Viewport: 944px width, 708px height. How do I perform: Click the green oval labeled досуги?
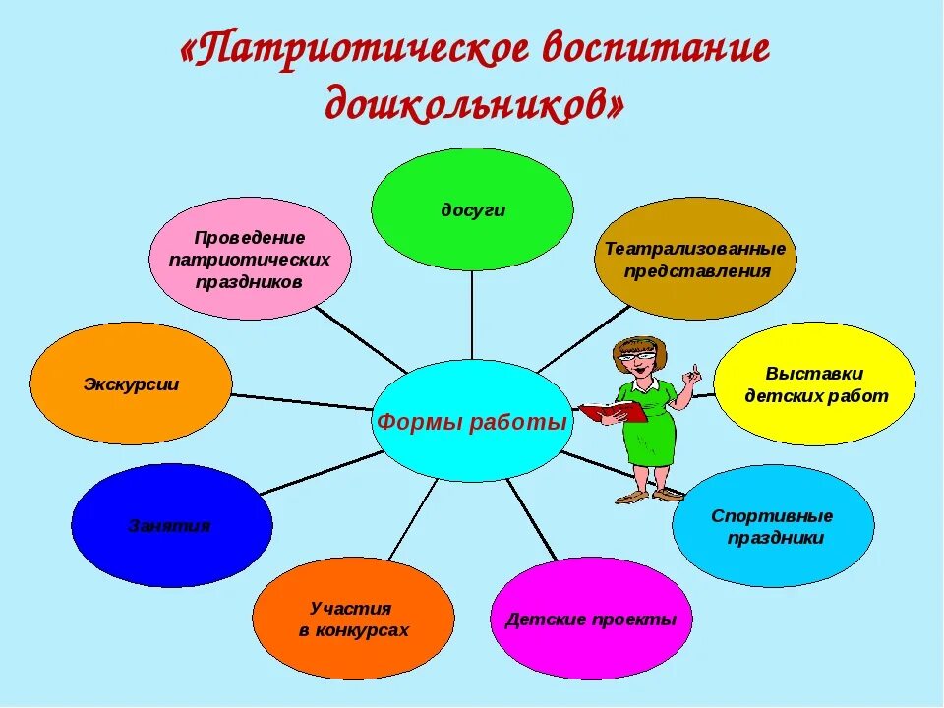[x=472, y=208]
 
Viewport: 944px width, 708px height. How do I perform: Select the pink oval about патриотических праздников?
[x=250, y=259]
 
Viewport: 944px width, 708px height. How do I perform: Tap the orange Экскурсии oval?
[x=131, y=383]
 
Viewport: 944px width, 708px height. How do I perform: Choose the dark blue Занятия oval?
[x=171, y=525]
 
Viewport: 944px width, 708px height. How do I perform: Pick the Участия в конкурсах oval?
[x=353, y=619]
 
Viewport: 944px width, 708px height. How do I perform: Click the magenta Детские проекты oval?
[x=591, y=619]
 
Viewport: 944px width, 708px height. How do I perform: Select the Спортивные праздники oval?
[x=773, y=526]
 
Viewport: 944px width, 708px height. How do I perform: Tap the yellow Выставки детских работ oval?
[x=814, y=383]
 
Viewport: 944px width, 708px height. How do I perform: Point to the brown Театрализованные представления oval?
[x=695, y=259]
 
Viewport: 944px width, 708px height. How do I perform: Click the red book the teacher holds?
[x=614, y=412]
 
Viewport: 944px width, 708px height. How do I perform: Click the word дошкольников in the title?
[x=473, y=102]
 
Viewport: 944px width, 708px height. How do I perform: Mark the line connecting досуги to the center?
[x=472, y=315]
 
